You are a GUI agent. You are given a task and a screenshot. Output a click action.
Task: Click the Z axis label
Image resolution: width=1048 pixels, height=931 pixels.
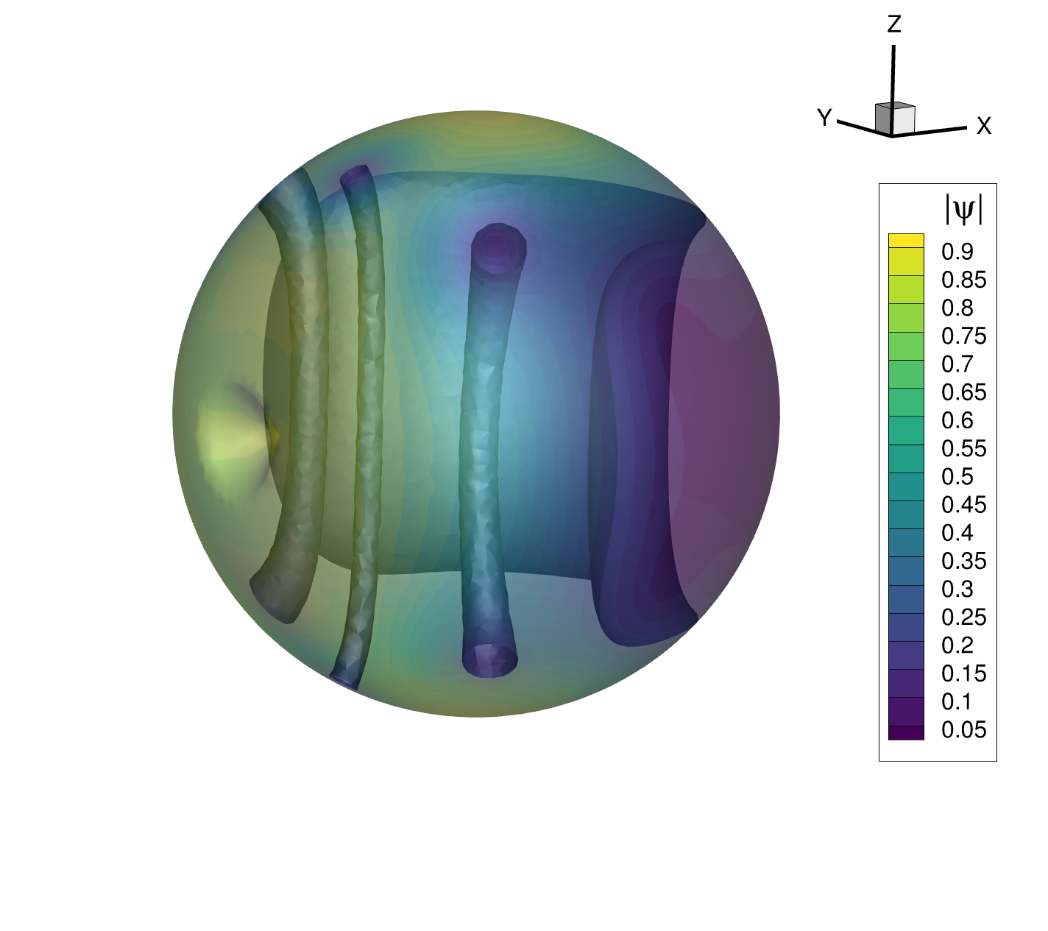(894, 25)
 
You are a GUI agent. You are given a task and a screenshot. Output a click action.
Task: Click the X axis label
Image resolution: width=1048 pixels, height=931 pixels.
(984, 127)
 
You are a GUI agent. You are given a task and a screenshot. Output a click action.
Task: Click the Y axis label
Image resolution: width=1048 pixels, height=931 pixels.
(824, 118)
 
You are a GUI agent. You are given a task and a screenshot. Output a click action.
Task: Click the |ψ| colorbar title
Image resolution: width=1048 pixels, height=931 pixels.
(963, 209)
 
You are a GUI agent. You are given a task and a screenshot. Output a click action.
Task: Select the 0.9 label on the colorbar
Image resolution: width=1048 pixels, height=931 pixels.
(957, 252)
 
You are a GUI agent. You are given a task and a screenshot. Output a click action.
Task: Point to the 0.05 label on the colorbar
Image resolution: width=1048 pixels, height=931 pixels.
(963, 729)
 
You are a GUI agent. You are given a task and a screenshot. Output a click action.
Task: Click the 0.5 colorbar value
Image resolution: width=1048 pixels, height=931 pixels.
(957, 477)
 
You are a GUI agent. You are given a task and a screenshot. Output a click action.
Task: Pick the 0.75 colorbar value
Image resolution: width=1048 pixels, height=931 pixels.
(963, 336)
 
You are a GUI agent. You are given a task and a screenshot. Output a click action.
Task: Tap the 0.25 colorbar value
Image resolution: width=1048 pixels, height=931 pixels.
(963, 617)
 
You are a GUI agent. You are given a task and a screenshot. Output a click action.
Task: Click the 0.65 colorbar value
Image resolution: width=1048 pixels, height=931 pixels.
(963, 392)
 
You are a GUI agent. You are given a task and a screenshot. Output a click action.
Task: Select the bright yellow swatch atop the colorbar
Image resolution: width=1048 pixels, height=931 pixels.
(906, 240)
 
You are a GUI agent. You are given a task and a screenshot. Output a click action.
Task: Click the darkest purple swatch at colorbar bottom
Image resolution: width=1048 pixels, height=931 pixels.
(906, 733)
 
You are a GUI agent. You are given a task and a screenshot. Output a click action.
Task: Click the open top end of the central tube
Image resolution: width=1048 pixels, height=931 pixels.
(499, 245)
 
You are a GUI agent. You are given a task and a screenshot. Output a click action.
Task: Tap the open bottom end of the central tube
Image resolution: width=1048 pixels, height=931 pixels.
(489, 660)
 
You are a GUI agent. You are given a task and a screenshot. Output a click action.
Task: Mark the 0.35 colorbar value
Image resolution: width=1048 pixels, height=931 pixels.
(963, 561)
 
